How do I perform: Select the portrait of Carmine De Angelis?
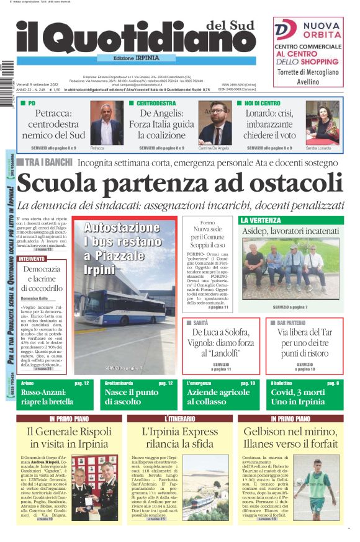[215, 123]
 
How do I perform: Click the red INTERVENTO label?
[32, 259]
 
